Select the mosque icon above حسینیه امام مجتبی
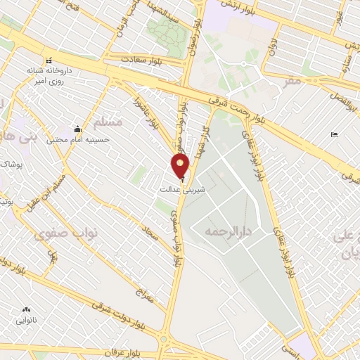tap(76, 129)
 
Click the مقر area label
tap(290, 82)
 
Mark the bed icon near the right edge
tap(334, 134)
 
